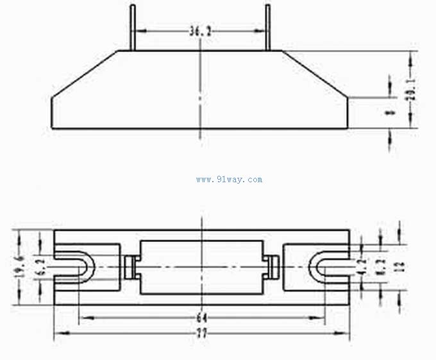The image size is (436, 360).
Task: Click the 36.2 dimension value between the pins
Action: (x=201, y=30)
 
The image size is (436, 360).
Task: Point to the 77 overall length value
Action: (x=201, y=332)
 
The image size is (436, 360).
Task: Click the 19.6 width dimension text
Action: (x=19, y=265)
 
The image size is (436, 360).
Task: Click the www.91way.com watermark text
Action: (x=229, y=180)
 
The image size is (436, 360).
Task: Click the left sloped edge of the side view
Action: (x=85, y=74)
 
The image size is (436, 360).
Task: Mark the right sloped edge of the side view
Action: (x=316, y=74)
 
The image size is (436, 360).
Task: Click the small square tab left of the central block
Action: (x=130, y=266)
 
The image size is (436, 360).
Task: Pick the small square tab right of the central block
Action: (x=272, y=266)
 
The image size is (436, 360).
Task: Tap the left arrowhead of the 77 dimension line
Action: (x=58, y=332)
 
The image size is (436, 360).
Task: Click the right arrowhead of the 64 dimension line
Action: (x=320, y=317)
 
